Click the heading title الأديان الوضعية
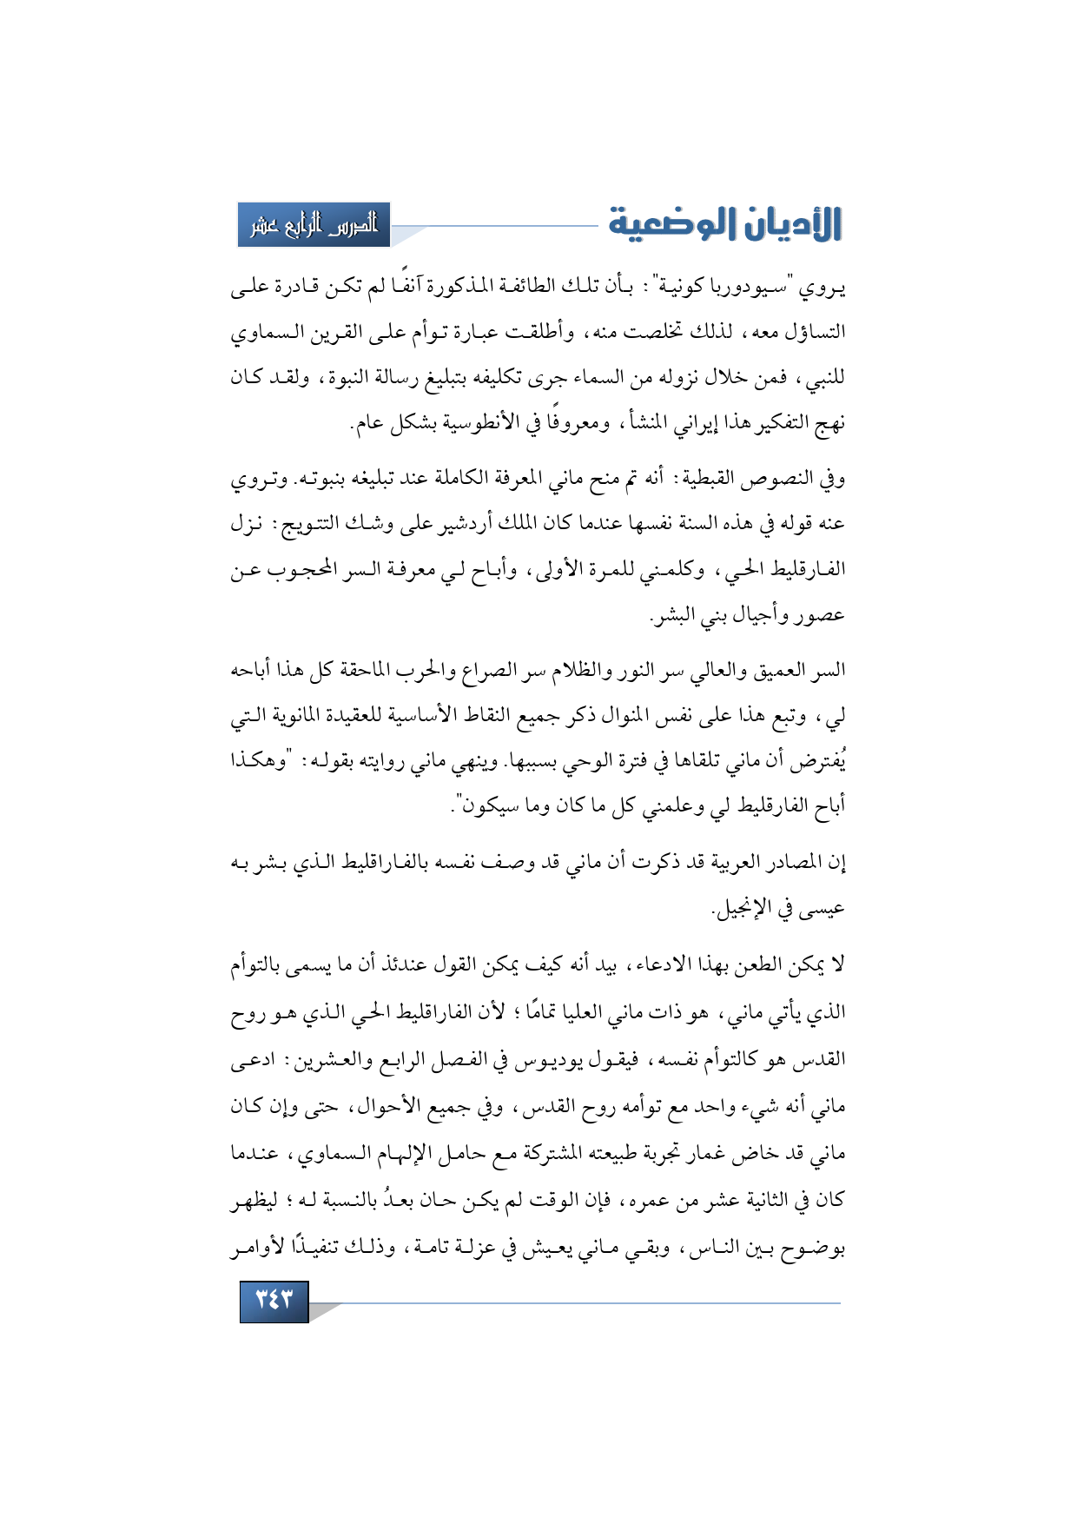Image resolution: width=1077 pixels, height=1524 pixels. click(x=725, y=224)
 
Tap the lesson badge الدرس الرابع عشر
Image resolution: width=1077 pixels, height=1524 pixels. click(x=314, y=225)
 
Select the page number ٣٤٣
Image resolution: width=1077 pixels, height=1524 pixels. click(x=274, y=1300)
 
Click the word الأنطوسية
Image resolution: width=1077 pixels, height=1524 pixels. click(x=466, y=424)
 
